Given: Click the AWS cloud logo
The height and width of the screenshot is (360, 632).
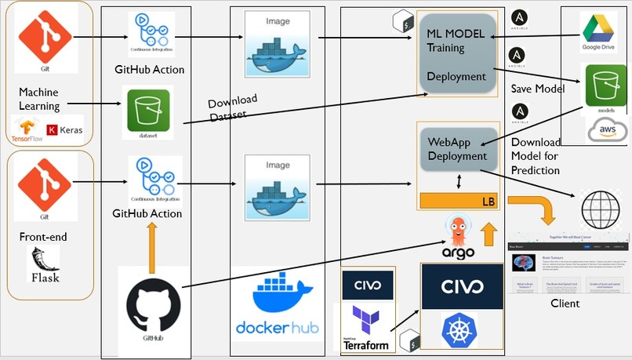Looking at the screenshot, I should (x=606, y=130).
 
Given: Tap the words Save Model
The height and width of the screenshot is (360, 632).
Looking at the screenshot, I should (x=538, y=89).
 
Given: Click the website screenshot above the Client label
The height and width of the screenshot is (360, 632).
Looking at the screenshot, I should (x=569, y=263).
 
